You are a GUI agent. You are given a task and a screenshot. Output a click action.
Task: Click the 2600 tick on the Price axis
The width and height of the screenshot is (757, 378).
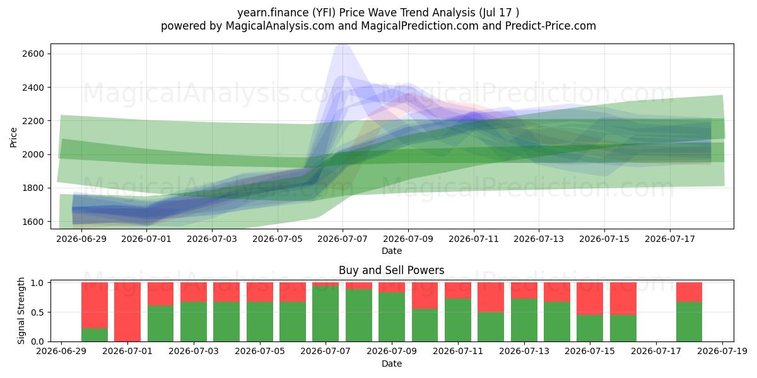(33, 54)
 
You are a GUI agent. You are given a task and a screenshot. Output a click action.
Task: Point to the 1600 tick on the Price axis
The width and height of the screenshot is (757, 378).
(33, 222)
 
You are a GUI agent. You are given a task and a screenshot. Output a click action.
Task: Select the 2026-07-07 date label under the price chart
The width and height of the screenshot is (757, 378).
(343, 239)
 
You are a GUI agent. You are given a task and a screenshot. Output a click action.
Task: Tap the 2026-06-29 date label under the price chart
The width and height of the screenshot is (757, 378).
(81, 239)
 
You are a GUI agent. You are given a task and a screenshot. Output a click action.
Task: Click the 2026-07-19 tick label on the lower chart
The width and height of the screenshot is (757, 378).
(722, 352)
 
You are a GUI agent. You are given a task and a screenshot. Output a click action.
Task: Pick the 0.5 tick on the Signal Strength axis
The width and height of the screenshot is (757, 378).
(37, 312)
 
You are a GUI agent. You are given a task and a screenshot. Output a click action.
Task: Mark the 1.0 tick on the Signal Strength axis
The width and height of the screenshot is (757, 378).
(37, 283)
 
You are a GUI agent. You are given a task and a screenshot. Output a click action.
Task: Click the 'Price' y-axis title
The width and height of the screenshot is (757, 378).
(13, 137)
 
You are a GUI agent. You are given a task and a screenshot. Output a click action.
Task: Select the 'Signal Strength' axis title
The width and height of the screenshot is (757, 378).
(21, 311)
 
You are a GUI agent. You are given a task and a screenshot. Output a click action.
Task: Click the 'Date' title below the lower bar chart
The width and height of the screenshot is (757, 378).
(392, 364)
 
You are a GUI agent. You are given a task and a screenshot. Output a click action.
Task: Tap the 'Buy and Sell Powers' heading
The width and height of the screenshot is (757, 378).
(391, 270)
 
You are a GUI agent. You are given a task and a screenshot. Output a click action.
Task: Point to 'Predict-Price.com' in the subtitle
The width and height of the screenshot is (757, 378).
(551, 26)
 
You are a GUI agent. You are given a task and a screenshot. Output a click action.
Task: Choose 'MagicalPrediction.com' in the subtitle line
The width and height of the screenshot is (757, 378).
(420, 26)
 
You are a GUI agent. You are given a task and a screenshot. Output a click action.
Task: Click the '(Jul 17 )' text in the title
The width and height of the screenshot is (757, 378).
(499, 13)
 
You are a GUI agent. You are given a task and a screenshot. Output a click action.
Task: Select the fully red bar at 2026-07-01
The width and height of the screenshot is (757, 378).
(127, 312)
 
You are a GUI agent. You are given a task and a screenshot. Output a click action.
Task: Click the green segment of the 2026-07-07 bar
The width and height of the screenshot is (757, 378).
(326, 314)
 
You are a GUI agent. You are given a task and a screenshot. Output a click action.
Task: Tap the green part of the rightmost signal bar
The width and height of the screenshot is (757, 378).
(689, 322)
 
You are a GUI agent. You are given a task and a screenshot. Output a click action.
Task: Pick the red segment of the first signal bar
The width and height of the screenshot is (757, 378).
(95, 306)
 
